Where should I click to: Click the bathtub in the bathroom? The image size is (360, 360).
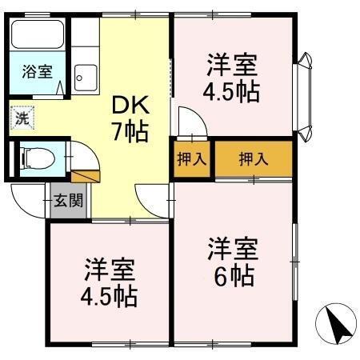pyautogui.click(x=38, y=37)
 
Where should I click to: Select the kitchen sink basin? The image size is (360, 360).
pyautogui.click(x=84, y=78)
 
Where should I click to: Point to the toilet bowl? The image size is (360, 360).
pyautogui.click(x=34, y=157)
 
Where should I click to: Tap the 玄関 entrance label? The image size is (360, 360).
pyautogui.click(x=67, y=200)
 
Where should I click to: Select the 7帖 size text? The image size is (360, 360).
pyautogui.click(x=130, y=131)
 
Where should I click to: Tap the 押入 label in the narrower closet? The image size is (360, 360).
pyautogui.click(x=191, y=158)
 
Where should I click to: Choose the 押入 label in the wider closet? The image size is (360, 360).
pyautogui.click(x=254, y=158)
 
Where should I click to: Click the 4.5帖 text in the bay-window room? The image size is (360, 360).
pyautogui.click(x=233, y=90)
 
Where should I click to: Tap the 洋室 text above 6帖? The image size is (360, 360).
pyautogui.click(x=233, y=246)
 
